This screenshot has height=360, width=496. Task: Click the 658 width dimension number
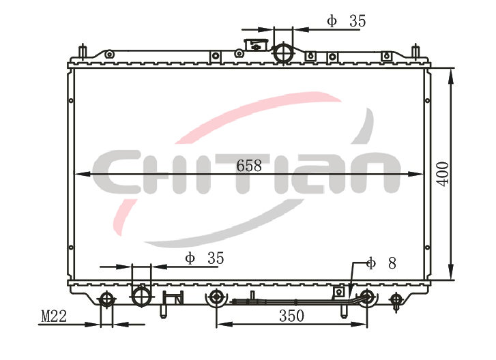tap(249, 166)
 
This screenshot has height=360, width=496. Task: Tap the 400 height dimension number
tap(443, 174)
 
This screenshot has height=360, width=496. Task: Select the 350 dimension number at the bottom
tap(291, 316)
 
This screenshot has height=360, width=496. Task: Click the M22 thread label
tap(54, 316)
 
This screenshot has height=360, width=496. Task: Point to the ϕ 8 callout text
tap(381, 263)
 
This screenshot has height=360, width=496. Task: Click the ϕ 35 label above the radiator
tap(347, 21)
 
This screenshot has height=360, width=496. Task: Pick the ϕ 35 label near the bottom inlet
tap(205, 258)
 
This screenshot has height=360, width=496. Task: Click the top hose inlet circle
tap(283, 52)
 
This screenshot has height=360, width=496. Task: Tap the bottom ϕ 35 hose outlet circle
tap(141, 296)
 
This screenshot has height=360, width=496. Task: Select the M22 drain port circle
tap(106, 299)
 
